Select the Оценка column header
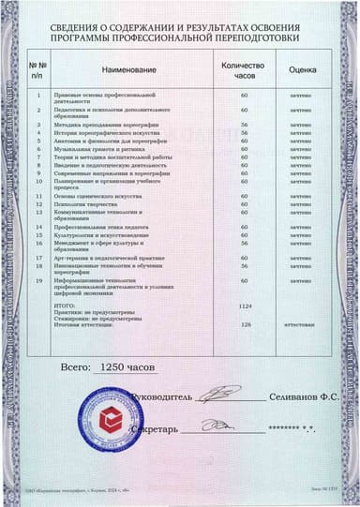click(301, 71)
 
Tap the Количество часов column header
click(244, 71)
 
